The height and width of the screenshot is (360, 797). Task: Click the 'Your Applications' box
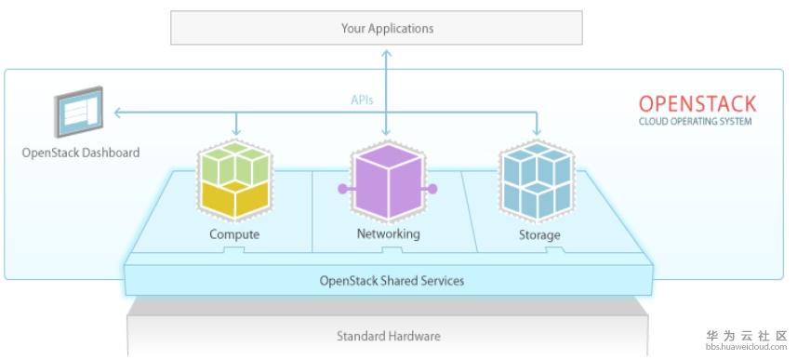point(376,28)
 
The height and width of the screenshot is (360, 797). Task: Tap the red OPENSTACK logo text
point(697,104)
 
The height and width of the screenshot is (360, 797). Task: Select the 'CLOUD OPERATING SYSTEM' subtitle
point(695,122)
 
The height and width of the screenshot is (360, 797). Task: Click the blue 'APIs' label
point(362,100)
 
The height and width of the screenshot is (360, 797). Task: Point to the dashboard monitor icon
point(79,112)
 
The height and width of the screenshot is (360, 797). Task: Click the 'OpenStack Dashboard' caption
point(80,153)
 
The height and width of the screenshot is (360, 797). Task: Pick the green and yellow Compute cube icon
point(235,180)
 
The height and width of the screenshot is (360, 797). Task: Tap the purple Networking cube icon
point(388,180)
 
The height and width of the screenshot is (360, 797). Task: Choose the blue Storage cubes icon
point(537,180)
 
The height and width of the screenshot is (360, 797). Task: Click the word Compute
point(234,234)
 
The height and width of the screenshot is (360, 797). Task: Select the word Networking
point(389,233)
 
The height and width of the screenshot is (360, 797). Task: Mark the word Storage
point(539,235)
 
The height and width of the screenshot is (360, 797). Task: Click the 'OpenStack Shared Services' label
point(392,281)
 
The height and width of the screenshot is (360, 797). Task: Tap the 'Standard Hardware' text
point(389,336)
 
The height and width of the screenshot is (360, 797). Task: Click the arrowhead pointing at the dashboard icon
point(117,113)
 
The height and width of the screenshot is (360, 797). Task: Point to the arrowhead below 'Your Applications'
point(387,53)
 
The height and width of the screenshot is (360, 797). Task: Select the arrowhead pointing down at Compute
point(235,133)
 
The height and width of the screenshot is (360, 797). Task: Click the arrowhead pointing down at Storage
point(537,133)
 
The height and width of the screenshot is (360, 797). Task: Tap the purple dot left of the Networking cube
point(342,189)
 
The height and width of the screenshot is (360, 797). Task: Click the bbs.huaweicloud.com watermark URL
point(746,347)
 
